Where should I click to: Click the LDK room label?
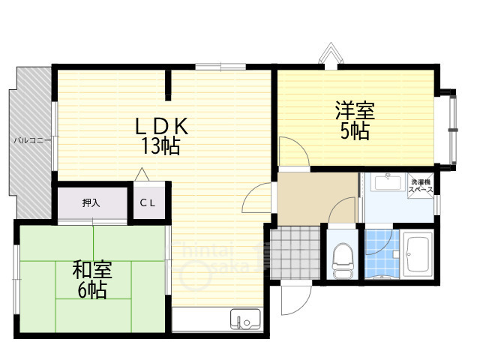pos(161,125)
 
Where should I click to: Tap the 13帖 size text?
pos(160,146)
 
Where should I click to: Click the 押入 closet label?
pos(91,202)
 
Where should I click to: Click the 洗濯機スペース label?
pos(420,187)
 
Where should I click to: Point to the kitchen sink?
pos(244,319)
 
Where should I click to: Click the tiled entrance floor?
pos(293,253)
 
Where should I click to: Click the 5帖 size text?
pos(354,131)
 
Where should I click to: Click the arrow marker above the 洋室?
pos(329,55)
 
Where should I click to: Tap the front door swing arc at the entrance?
pos(289,300)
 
